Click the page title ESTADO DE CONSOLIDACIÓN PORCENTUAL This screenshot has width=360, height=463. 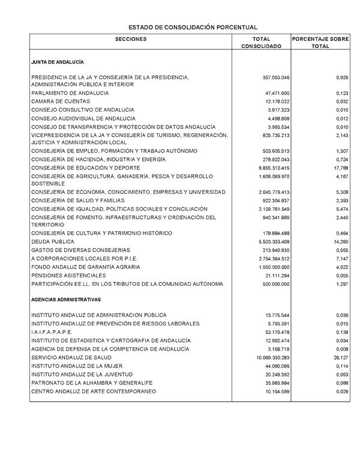(x=193, y=28)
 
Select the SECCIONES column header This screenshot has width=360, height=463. (x=131, y=39)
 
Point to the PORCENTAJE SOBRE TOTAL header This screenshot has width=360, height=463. (x=320, y=43)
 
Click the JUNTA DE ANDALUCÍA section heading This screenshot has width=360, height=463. (x=58, y=62)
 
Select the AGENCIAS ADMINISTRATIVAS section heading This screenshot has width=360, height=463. (x=66, y=299)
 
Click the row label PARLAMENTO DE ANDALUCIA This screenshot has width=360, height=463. (x=70, y=94)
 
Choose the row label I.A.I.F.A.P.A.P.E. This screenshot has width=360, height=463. (x=52, y=332)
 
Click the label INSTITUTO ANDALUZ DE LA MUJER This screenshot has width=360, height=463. (x=77, y=366)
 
